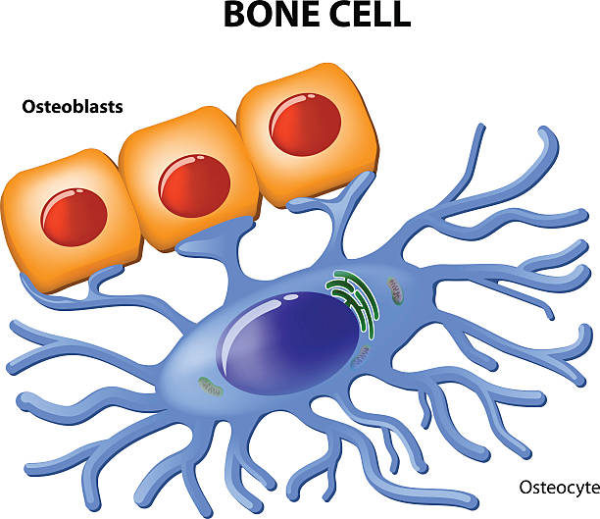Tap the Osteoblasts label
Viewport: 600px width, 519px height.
tap(73, 107)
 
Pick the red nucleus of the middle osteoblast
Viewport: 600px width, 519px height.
tap(193, 185)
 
